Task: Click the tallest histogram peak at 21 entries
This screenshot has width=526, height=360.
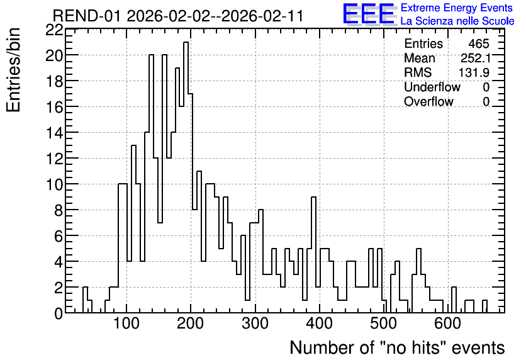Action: [186, 42]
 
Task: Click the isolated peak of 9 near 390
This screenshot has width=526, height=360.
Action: [314, 197]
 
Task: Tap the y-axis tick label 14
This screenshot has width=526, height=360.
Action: [54, 133]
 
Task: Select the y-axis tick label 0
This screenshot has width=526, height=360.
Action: [59, 313]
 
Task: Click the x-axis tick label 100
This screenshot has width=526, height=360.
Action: [126, 323]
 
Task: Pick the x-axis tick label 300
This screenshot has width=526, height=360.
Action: [255, 323]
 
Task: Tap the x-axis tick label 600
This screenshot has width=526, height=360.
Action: [448, 323]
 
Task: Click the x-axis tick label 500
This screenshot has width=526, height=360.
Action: [383, 323]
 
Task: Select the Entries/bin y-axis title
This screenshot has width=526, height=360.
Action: [13, 70]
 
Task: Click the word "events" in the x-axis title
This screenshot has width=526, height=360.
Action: [478, 348]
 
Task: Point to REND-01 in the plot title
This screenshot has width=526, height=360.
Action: [86, 16]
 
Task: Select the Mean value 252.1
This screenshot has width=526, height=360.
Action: [475, 58]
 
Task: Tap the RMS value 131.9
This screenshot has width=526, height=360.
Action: [474, 72]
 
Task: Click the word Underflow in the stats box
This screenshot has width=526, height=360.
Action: [432, 87]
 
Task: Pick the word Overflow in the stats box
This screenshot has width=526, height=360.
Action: [428, 101]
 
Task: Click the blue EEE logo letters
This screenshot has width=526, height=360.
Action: [369, 14]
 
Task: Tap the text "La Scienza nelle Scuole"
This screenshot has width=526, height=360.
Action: [457, 21]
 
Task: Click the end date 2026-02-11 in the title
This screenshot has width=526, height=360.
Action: [262, 16]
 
